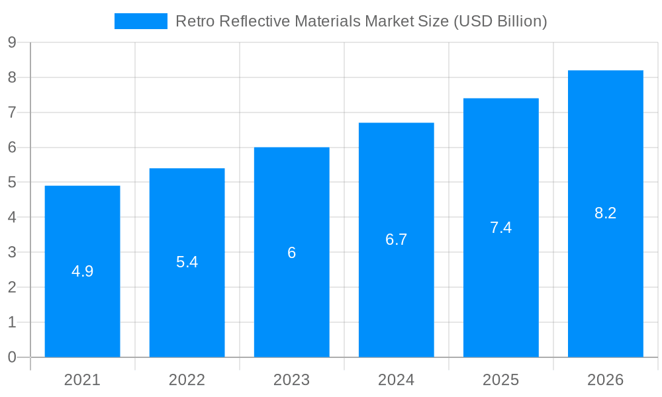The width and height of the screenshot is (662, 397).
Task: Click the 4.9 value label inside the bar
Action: click(x=82, y=271)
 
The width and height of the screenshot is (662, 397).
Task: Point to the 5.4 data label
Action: click(x=187, y=262)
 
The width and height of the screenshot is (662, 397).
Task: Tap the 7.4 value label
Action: click(x=500, y=228)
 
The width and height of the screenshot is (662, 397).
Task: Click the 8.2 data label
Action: click(x=605, y=213)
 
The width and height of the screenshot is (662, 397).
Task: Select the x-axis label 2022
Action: click(x=187, y=380)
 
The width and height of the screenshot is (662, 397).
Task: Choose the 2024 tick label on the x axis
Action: click(x=396, y=380)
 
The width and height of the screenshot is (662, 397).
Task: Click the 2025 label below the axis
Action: click(x=500, y=380)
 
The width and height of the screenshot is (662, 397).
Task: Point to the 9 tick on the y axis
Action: click(x=12, y=43)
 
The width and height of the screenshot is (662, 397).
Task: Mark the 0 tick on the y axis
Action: click(x=12, y=357)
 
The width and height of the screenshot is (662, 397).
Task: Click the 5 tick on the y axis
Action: click(x=12, y=183)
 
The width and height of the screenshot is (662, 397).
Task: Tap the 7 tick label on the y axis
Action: click(x=12, y=112)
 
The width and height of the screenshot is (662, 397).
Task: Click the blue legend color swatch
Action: click(x=140, y=21)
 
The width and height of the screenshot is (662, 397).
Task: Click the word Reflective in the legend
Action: click(x=254, y=21)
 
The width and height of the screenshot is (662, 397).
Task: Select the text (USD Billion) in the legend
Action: click(x=500, y=21)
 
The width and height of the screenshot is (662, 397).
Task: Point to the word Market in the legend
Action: click(x=389, y=21)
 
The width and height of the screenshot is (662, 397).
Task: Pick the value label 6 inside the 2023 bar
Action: click(x=291, y=253)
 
